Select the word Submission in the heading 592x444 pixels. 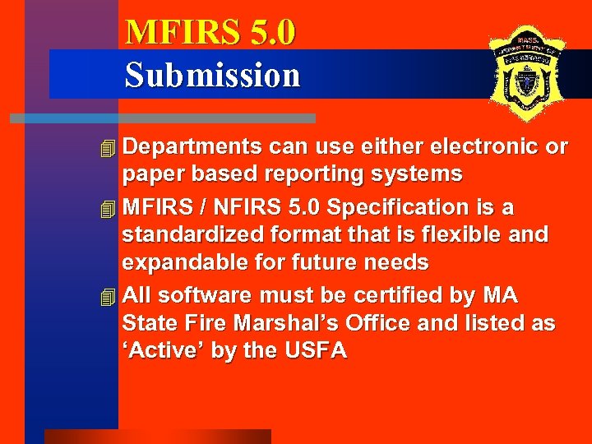tap(212, 75)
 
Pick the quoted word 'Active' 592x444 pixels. tap(164, 351)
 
